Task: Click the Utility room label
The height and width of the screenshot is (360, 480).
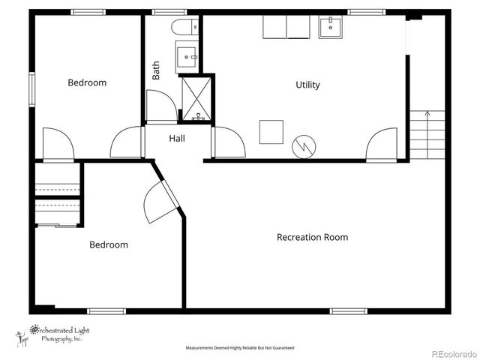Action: click(307, 85)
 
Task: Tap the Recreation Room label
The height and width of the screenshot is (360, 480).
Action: click(312, 237)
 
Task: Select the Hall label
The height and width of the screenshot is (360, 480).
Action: click(177, 139)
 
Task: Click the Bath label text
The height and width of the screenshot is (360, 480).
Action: click(156, 70)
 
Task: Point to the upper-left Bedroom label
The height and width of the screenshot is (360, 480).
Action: click(87, 82)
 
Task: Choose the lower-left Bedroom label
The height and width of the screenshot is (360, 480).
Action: click(109, 244)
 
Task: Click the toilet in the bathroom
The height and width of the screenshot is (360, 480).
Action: click(185, 28)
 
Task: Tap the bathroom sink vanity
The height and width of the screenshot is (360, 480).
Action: click(187, 55)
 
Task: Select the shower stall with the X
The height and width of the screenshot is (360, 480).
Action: click(196, 99)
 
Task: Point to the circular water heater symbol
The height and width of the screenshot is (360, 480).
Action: click(304, 145)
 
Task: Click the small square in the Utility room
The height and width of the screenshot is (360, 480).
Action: click(271, 131)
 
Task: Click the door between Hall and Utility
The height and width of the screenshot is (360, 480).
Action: click(227, 142)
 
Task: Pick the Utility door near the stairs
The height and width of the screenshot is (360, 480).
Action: click(382, 144)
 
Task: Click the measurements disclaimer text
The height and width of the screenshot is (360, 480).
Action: click(240, 348)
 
